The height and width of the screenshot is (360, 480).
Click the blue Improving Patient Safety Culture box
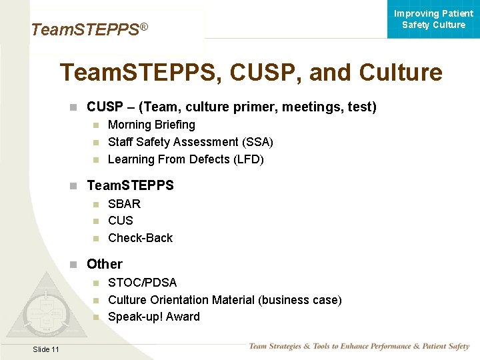click(433, 19)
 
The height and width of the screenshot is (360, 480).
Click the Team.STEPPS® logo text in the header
click(89, 30)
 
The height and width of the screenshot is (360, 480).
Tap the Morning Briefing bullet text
click(151, 125)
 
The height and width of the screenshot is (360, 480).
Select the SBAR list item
click(124, 203)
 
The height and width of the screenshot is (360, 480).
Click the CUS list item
click(121, 221)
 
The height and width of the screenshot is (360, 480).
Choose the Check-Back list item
click(140, 238)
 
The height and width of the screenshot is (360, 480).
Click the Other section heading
click(105, 264)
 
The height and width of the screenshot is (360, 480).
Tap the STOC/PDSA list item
click(142, 283)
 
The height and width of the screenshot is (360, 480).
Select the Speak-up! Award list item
click(153, 317)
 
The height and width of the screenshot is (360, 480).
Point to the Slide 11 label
click(45, 350)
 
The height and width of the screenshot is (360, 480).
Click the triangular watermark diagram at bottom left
click(45, 310)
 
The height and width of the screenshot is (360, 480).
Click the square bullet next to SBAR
click(96, 204)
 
